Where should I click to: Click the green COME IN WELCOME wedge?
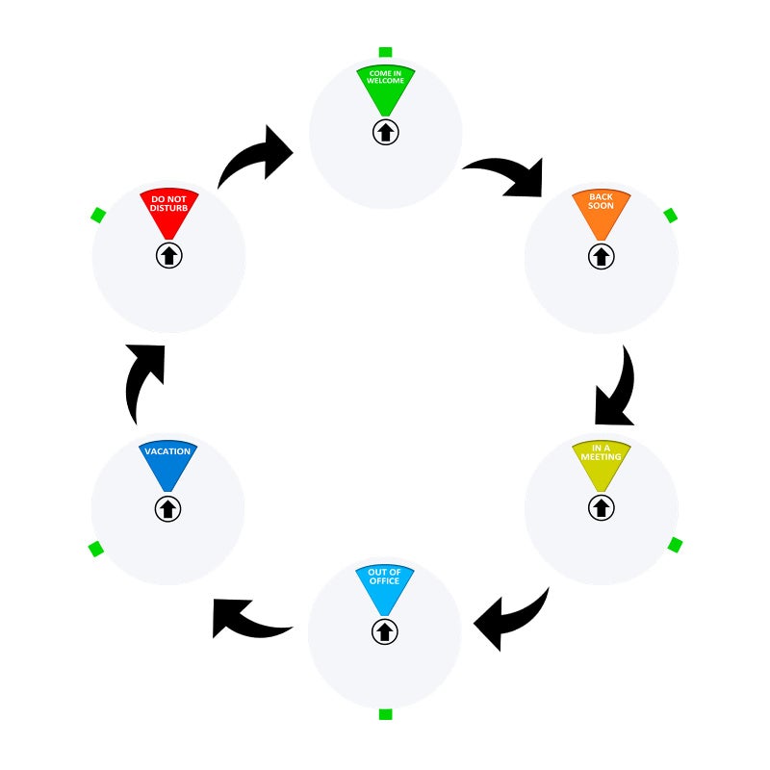click(x=386, y=90)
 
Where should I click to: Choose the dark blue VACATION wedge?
click(x=167, y=466)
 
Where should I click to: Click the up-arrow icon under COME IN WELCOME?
click(x=386, y=132)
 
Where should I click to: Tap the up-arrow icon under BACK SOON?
click(x=601, y=256)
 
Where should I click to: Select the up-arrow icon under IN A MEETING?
click(x=601, y=507)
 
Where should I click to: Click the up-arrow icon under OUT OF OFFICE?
click(x=384, y=631)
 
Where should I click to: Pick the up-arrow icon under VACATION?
click(x=167, y=509)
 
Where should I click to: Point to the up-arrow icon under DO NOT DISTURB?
click(x=169, y=255)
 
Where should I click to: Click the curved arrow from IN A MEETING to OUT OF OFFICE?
click(x=516, y=620)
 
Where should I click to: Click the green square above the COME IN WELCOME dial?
click(x=386, y=52)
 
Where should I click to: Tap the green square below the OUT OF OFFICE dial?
click(x=386, y=714)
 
